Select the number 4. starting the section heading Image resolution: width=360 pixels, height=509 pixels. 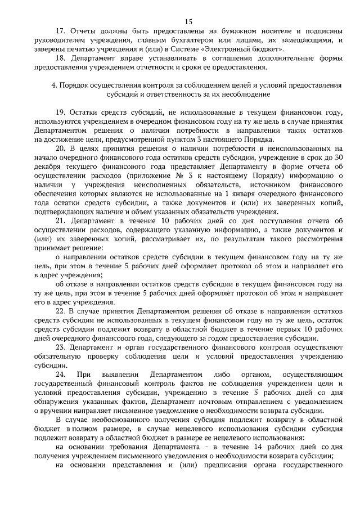tap(54, 85)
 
